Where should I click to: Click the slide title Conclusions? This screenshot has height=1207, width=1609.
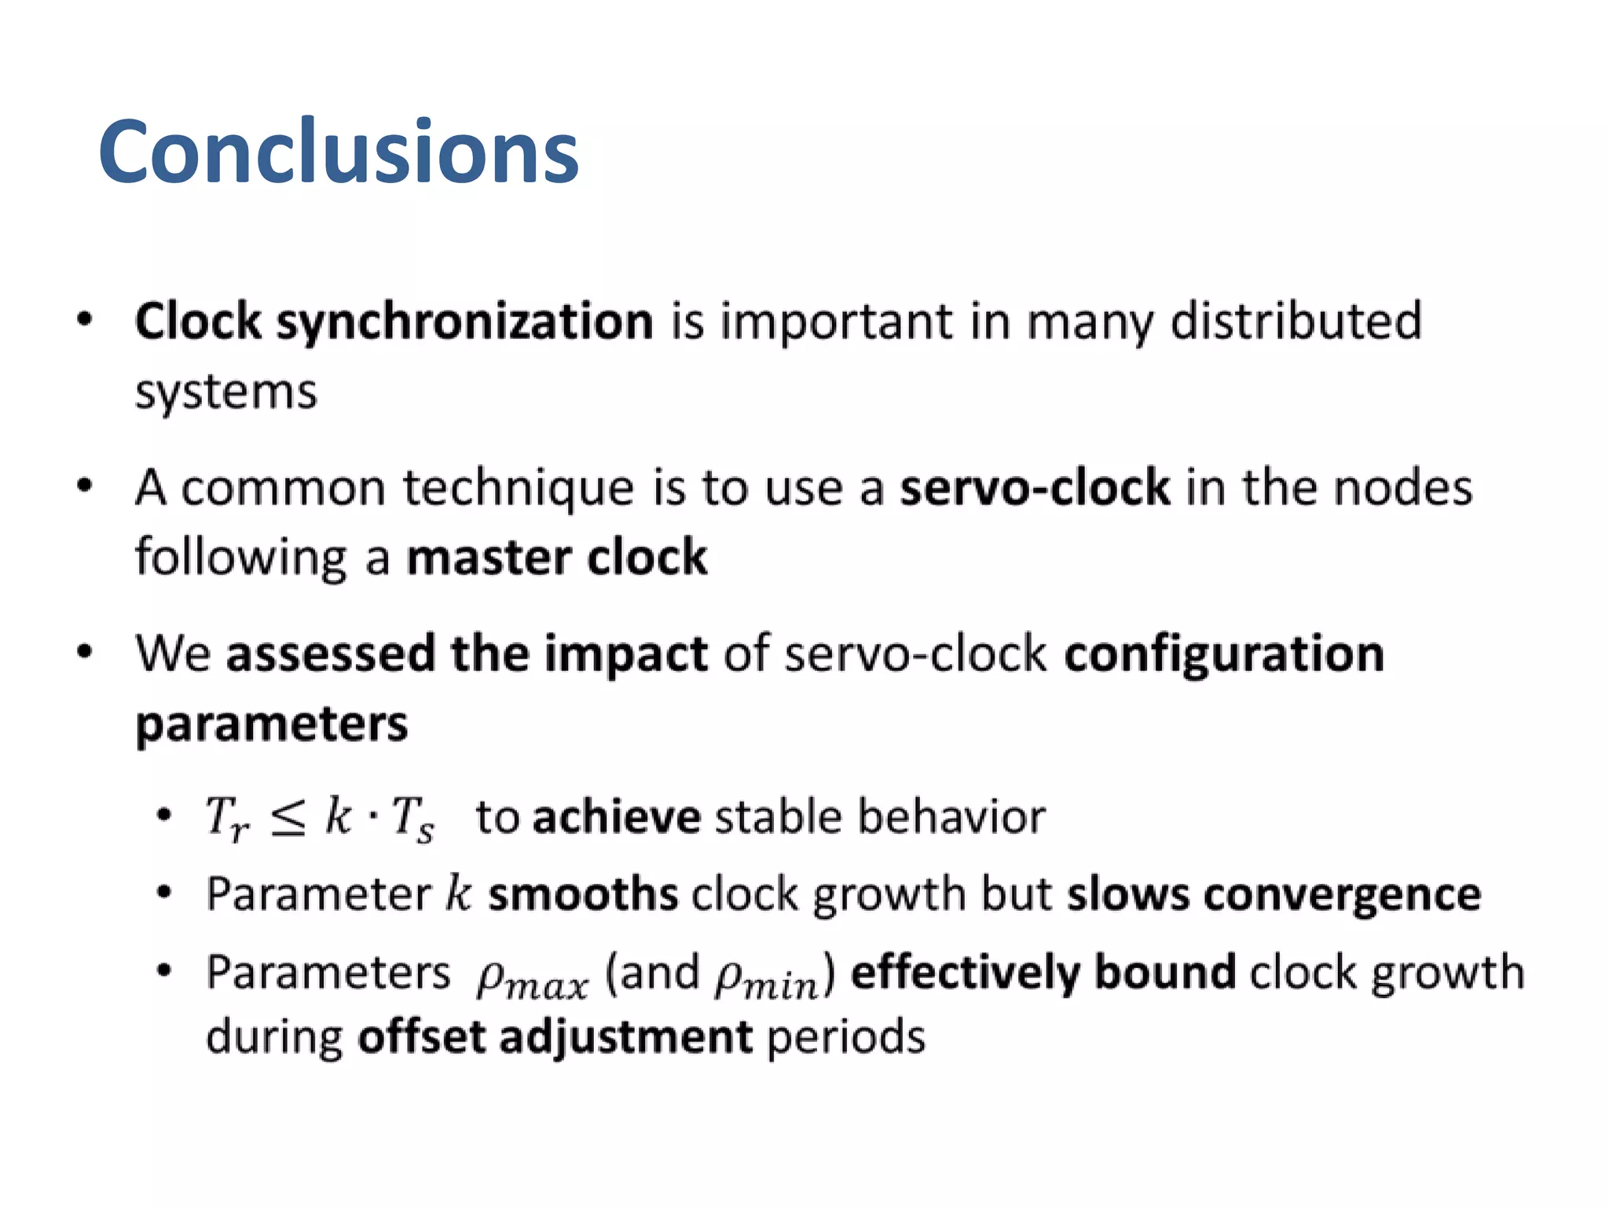(338, 151)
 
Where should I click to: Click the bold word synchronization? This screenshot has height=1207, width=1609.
(464, 322)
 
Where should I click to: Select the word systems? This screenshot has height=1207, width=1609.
(225, 392)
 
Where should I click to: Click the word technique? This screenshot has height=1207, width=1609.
(518, 488)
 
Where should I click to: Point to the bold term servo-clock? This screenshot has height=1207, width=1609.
(1035, 488)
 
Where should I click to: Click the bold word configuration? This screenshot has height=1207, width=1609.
(1223, 654)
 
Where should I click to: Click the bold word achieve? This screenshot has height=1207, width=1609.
(617, 817)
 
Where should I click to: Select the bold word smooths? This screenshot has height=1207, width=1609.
(582, 894)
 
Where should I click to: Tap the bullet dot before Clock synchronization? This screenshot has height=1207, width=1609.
(85, 320)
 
